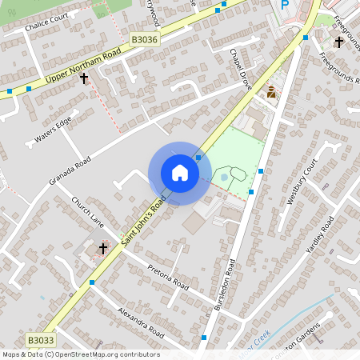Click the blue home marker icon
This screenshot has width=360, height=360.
pyautogui.click(x=180, y=173)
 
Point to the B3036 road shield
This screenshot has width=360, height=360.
pyautogui.click(x=144, y=38)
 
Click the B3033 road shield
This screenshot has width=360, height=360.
pyautogui.click(x=41, y=340)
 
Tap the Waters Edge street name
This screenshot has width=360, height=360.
pyautogui.click(x=53, y=130)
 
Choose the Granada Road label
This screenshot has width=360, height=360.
pyautogui.click(x=70, y=170)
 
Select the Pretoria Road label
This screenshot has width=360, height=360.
pyautogui.click(x=168, y=274)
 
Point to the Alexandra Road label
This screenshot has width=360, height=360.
pyautogui.click(x=140, y=321)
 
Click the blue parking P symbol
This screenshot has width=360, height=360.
pyautogui.click(x=284, y=6)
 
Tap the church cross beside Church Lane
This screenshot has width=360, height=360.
pyautogui.click(x=102, y=249)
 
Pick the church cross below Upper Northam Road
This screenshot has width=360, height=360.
pyautogui.click(x=83, y=79)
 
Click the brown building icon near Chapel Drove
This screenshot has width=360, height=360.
pyautogui.click(x=271, y=92)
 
